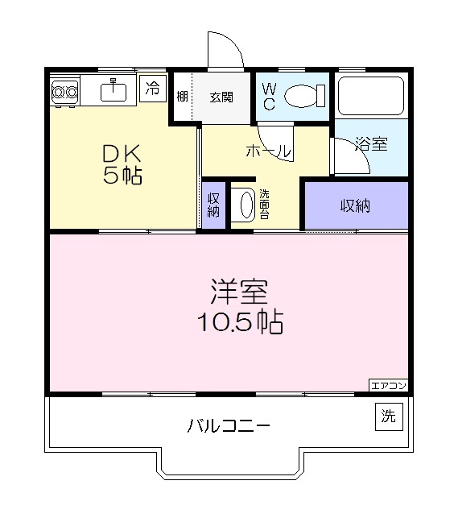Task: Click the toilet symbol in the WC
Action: [303, 97]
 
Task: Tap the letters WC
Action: [269, 97]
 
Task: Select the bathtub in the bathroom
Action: [371, 96]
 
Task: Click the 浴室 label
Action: [371, 145]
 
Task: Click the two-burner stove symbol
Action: [64, 93]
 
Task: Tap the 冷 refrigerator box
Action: [152, 89]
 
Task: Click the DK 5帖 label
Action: [122, 164]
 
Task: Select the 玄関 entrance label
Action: [221, 97]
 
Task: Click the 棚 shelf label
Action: [183, 97]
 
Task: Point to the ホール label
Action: [267, 151]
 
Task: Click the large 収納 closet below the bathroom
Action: [355, 205]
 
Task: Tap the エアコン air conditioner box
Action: [389, 385]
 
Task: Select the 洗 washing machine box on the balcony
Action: [389, 416]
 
